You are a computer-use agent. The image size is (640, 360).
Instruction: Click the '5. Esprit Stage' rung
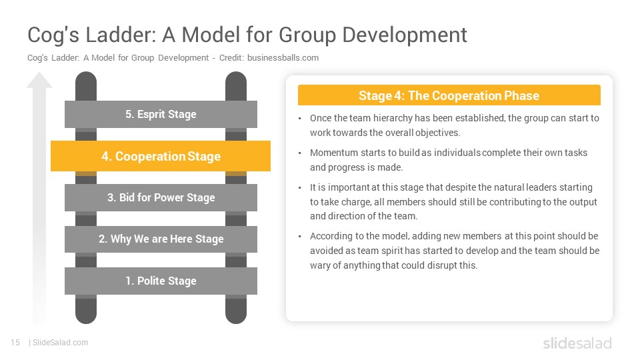[x=161, y=114]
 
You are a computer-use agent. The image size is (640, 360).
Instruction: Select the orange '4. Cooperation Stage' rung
[x=161, y=156]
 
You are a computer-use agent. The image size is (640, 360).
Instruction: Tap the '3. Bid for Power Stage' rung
[x=161, y=197]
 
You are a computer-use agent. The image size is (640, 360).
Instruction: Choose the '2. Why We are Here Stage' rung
[x=161, y=239]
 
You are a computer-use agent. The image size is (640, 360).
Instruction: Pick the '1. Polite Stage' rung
[x=161, y=281]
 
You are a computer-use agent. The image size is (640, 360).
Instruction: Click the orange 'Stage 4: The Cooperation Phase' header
[x=449, y=95]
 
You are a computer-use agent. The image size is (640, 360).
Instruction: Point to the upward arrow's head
[x=39, y=80]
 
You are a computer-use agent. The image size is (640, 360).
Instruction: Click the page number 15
[x=15, y=343]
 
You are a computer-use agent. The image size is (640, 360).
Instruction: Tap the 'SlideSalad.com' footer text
[x=61, y=343]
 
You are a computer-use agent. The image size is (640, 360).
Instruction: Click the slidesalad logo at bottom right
[x=577, y=343]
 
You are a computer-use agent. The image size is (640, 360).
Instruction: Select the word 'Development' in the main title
[x=405, y=35]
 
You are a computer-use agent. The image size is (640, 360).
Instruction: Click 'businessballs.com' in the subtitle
[x=283, y=58]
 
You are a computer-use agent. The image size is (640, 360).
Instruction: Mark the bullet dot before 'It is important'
[x=299, y=188]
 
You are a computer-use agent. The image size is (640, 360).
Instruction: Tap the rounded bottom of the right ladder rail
[x=236, y=313]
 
